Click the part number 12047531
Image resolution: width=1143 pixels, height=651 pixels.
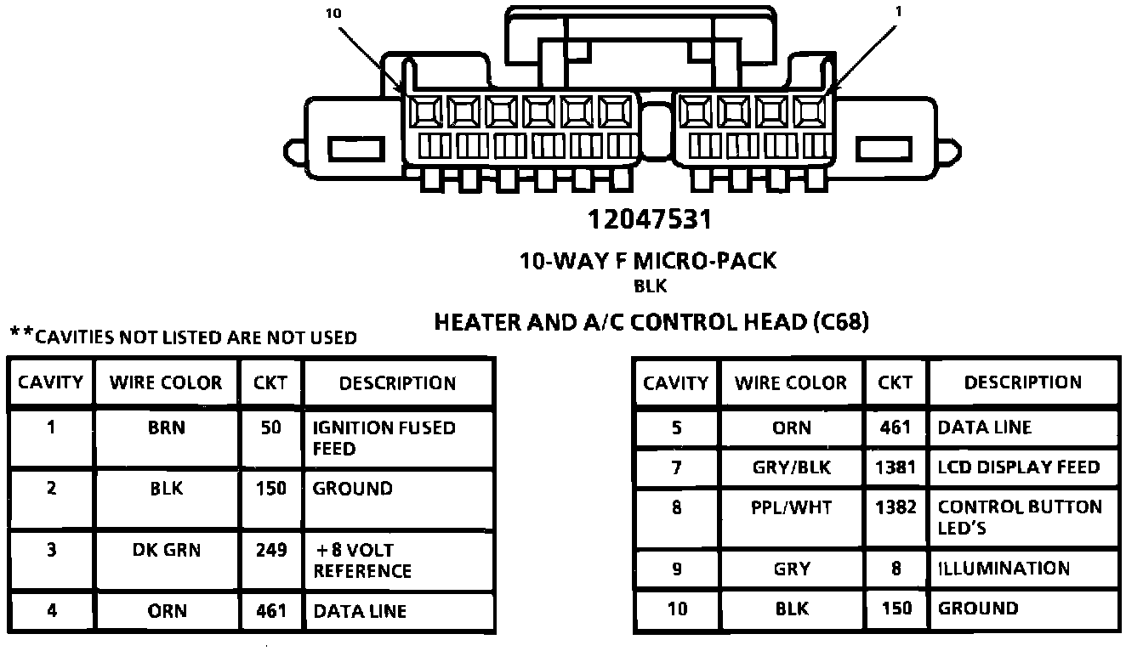649,219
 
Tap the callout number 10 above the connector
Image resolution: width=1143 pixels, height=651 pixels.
333,14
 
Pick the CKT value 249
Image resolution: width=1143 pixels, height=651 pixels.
271,550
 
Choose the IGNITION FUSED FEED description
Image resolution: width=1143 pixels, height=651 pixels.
384,438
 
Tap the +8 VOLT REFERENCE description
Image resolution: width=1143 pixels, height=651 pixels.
362,560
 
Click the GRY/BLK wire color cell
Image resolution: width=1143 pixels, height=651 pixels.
791,467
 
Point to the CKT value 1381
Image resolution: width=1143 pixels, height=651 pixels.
896,467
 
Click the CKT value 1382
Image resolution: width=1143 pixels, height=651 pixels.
896,507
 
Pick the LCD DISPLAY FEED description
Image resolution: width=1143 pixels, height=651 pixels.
1018,467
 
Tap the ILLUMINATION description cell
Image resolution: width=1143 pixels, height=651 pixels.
1004,569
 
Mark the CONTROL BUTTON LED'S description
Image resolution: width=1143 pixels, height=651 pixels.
1019,518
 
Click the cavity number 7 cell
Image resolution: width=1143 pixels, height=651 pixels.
676,467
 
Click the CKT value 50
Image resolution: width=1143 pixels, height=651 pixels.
271,427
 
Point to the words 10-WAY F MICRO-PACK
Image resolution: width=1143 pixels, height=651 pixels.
648,261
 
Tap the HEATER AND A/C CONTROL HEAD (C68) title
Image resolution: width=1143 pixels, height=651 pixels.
651,322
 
